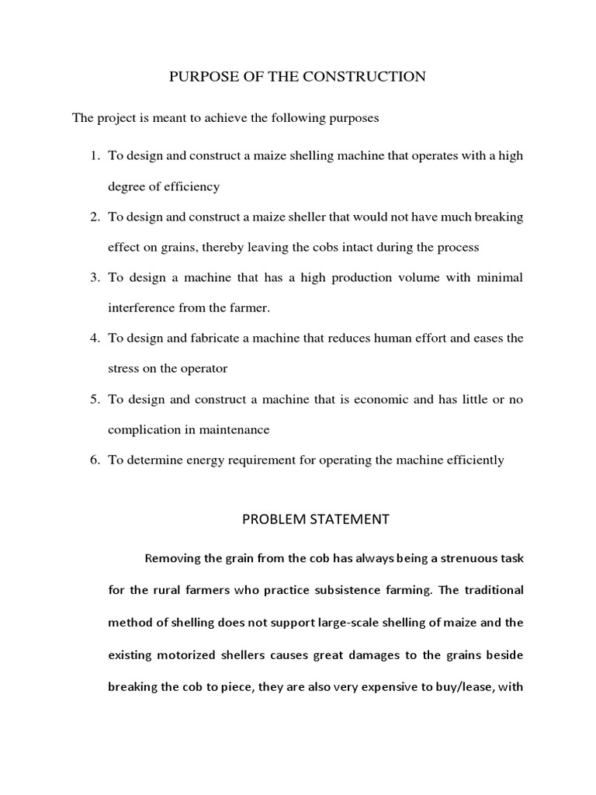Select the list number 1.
click(x=95, y=155)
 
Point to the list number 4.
click(x=95, y=338)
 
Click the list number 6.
click(x=95, y=460)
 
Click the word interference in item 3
click(x=141, y=307)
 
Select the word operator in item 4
click(x=203, y=368)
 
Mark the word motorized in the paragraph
click(x=186, y=654)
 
